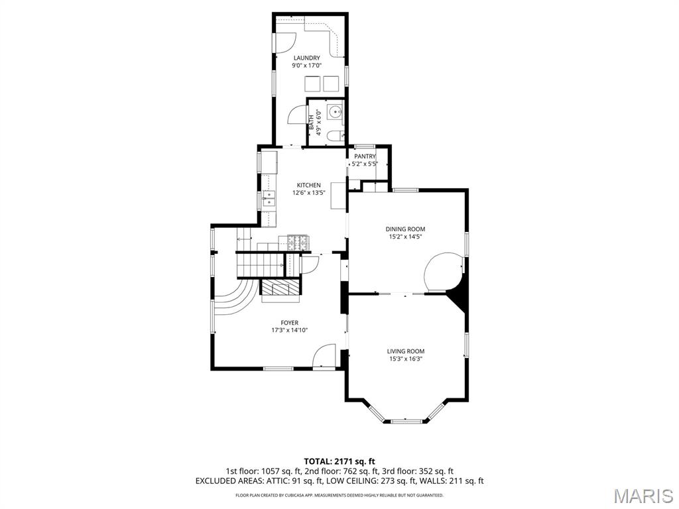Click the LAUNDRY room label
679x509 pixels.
click(x=306, y=58)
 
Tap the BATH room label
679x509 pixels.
click(x=310, y=122)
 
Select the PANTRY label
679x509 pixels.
click(x=365, y=156)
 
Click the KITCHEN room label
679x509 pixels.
click(x=308, y=185)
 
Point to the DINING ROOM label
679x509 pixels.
click(x=406, y=229)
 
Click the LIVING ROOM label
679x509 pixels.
click(x=406, y=351)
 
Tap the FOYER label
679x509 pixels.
click(x=289, y=323)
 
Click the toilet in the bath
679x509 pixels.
click(x=337, y=136)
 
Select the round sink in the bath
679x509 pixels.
click(x=336, y=111)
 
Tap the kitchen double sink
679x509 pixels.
click(x=269, y=197)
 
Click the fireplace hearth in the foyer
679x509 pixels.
click(x=282, y=288)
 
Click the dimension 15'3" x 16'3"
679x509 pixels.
click(x=406, y=359)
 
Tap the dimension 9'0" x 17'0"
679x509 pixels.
click(x=306, y=66)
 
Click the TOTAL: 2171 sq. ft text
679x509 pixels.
click(x=339, y=461)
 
